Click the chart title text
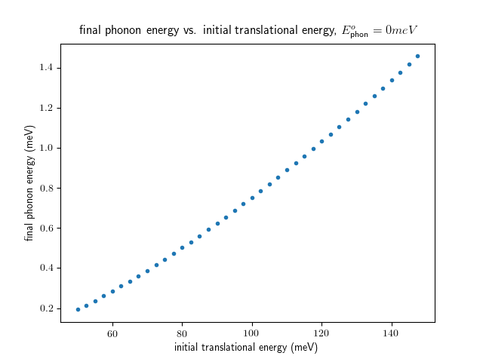pyautogui.click(x=249, y=30)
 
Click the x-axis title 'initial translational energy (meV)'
pyautogui.click(x=246, y=348)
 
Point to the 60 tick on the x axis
pyautogui.click(x=112, y=333)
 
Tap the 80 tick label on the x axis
pyautogui.click(x=182, y=333)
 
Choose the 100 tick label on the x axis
pyautogui.click(x=252, y=333)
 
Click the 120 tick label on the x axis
pyautogui.click(x=321, y=333)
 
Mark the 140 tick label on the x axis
pyautogui.click(x=392, y=333)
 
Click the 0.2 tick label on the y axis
pyautogui.click(x=47, y=308)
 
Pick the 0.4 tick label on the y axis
pyautogui.click(x=47, y=268)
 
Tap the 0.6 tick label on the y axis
pyautogui.click(x=47, y=229)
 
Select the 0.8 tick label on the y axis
pyautogui.click(x=47, y=189)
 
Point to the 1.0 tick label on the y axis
pyautogui.click(x=47, y=149)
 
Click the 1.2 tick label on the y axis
pyautogui.click(x=47, y=109)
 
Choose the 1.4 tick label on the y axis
pyautogui.click(x=47, y=69)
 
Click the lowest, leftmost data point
pyautogui.click(x=78, y=309)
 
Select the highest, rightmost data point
pyautogui.click(x=417, y=57)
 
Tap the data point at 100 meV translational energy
pyautogui.click(x=252, y=198)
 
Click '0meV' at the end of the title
pyautogui.click(x=401, y=30)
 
